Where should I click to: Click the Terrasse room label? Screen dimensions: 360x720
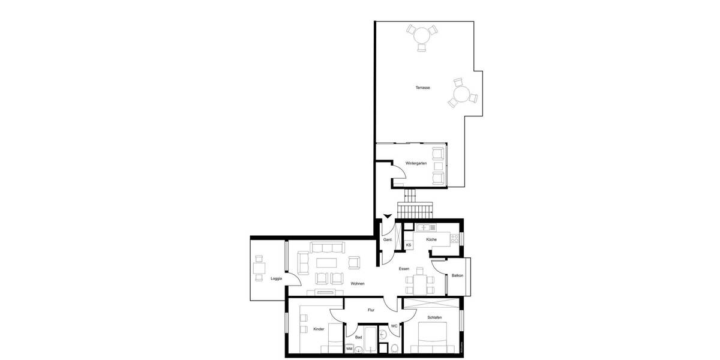point(422,88)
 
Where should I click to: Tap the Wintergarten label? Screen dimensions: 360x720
point(415,163)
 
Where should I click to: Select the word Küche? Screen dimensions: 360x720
point(431,240)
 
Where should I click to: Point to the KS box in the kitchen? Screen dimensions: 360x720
point(409,245)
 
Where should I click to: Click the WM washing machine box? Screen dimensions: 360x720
point(349,349)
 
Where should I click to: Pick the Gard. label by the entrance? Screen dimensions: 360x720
point(388,240)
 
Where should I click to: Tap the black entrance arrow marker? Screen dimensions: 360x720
point(387,217)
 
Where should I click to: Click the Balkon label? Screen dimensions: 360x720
point(457,275)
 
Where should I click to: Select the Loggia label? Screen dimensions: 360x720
point(276,279)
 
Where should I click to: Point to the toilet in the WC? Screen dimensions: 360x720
point(394,348)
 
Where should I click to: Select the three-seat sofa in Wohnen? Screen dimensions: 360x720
point(326,247)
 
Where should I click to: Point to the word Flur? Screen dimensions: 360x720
point(371,310)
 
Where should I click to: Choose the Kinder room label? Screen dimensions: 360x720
point(319,329)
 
